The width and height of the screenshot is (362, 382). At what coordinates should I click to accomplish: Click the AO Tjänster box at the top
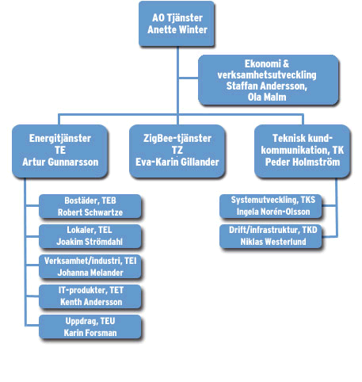click(177, 24)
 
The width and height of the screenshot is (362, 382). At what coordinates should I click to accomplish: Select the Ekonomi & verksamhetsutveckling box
click(269, 80)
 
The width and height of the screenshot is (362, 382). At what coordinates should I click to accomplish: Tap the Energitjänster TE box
click(60, 151)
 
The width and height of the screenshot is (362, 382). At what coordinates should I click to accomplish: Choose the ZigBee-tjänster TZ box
click(177, 151)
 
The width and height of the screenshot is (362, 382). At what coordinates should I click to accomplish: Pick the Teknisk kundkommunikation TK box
click(303, 151)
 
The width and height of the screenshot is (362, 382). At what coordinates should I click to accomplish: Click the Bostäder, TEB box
click(90, 206)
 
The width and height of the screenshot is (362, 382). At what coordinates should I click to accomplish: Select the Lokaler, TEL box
click(90, 236)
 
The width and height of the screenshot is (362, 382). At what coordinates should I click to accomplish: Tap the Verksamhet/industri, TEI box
click(90, 266)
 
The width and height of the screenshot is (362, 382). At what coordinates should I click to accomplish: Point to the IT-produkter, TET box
click(90, 296)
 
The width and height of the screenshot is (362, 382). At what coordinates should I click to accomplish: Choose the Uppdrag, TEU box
click(90, 327)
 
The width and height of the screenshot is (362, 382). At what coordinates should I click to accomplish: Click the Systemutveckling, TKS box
click(271, 206)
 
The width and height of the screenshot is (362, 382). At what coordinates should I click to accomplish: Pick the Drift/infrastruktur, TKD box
click(271, 236)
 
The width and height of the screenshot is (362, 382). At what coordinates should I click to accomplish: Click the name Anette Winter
click(177, 29)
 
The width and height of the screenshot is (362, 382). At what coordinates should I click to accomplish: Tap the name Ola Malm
click(267, 97)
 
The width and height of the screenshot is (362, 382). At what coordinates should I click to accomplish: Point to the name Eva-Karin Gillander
click(177, 162)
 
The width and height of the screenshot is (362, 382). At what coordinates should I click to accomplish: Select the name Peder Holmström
click(303, 162)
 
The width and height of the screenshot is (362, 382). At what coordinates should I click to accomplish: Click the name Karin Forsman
click(90, 333)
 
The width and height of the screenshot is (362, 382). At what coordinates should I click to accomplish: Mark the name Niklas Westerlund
click(273, 242)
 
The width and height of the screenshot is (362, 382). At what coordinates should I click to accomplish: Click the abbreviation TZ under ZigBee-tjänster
click(177, 150)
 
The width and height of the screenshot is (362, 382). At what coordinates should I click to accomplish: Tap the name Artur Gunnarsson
click(60, 162)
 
